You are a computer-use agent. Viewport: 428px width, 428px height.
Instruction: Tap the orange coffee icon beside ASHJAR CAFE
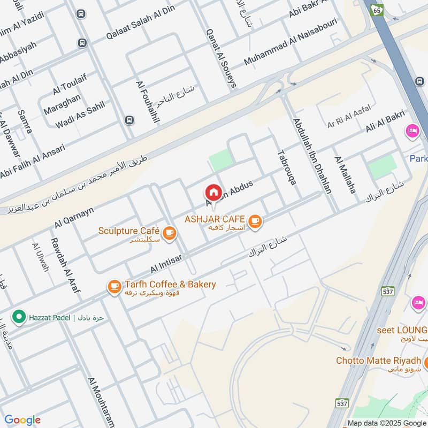[255, 220]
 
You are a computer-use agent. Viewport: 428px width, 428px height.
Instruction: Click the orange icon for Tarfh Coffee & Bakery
[114, 287]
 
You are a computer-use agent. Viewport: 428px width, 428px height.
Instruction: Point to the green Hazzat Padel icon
[19, 317]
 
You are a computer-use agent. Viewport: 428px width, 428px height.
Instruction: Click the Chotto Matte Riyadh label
[378, 361]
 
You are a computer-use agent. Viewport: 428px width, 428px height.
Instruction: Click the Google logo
[22, 420]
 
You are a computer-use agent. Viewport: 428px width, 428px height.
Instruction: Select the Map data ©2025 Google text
[386, 423]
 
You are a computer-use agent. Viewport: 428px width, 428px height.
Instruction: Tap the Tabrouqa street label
[286, 167]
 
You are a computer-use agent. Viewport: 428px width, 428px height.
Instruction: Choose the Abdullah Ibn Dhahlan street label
[312, 155]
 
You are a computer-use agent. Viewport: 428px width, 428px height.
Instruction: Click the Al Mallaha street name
[345, 174]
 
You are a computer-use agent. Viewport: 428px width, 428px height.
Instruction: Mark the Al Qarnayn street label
[74, 217]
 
